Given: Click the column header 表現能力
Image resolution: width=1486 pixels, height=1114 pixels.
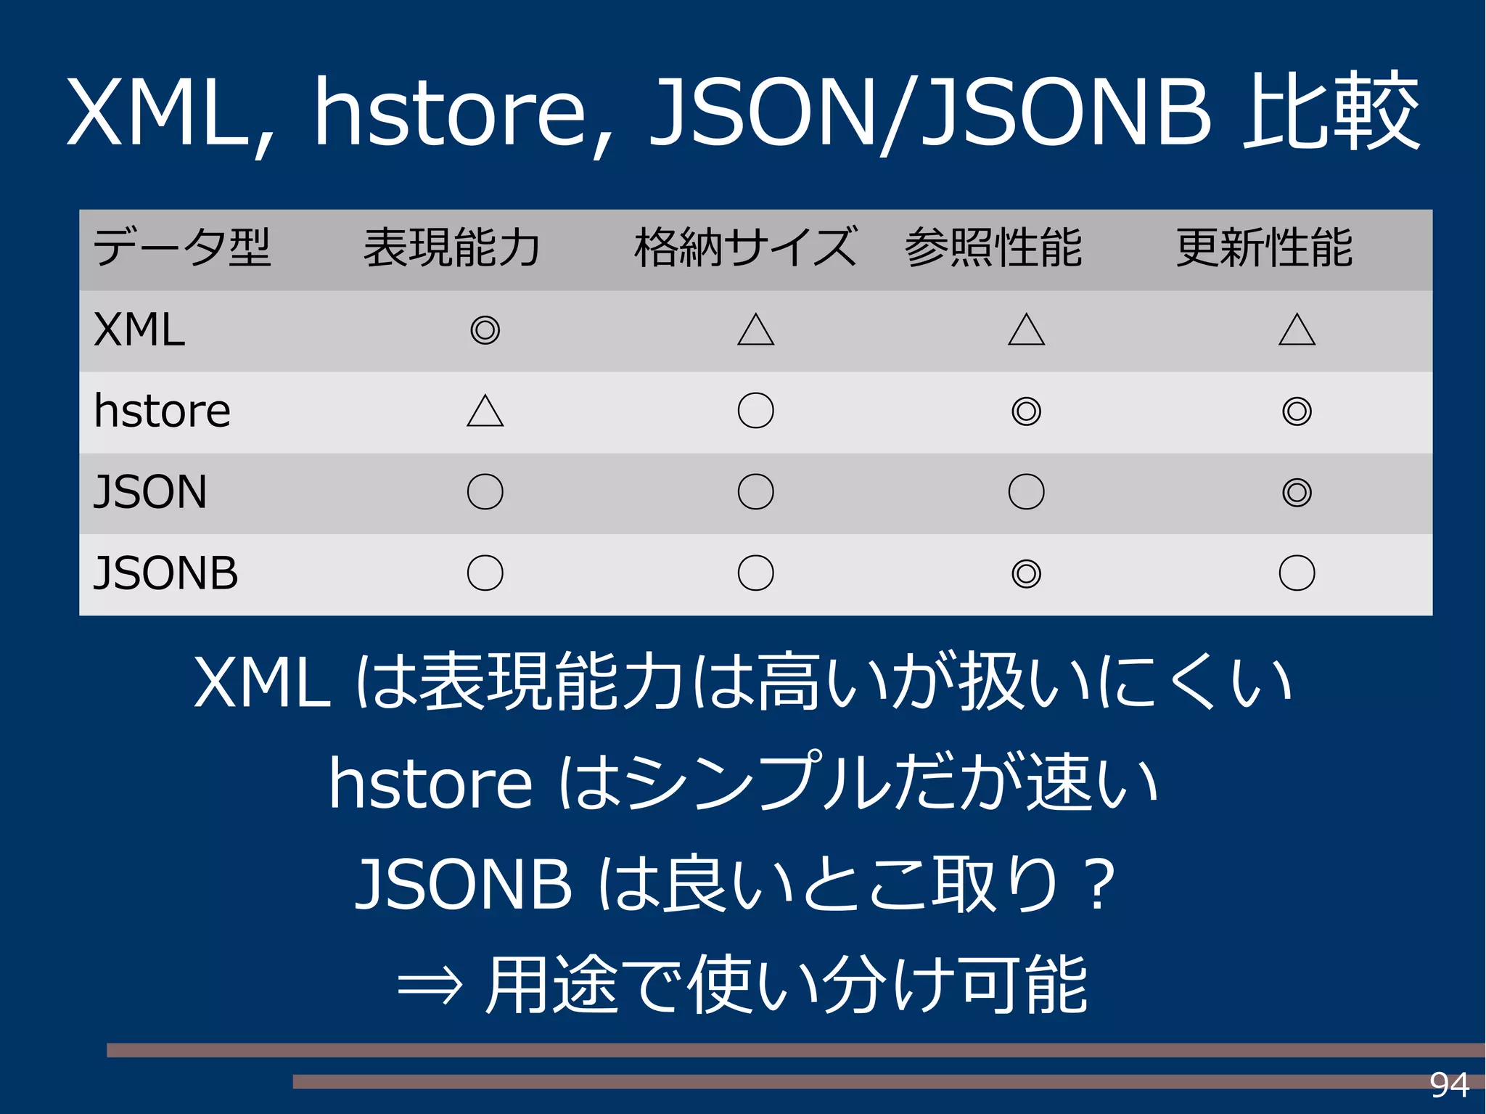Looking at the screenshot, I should point(451,248).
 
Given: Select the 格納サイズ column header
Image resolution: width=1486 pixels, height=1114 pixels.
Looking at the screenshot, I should point(745,248).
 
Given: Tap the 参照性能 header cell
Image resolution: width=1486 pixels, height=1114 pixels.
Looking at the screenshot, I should point(993,248).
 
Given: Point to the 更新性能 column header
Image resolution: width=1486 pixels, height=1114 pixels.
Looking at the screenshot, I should point(1264,248).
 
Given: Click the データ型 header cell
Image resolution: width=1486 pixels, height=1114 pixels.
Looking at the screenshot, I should point(182,248).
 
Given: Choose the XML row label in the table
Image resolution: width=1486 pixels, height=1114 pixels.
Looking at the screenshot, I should point(139,330).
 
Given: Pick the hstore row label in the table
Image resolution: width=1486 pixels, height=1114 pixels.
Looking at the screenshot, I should point(162,411).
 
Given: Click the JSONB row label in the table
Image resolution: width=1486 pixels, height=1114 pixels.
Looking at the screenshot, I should point(165,573).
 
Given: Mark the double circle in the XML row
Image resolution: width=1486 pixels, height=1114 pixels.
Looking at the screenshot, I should point(485,330).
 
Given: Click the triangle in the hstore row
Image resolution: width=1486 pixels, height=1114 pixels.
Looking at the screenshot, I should point(485,411).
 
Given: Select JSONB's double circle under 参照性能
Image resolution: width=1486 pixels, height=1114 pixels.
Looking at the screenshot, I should point(1026,573).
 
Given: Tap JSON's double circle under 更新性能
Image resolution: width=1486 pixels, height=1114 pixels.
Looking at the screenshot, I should point(1297,492).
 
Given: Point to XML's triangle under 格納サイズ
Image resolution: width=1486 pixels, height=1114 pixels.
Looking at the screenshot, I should point(755,330).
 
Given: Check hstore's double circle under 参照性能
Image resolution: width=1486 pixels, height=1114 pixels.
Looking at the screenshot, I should point(1026,411).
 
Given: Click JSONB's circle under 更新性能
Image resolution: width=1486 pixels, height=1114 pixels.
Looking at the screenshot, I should point(1297,573).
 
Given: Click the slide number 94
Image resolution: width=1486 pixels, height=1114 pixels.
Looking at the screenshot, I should point(1449,1086).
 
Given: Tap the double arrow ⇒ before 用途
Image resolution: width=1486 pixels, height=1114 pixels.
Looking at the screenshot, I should point(430,986).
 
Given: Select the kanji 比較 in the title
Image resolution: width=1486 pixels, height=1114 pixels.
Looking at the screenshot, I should point(1331,112).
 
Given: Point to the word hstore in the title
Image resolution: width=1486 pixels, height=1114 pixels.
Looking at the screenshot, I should point(450,112).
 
